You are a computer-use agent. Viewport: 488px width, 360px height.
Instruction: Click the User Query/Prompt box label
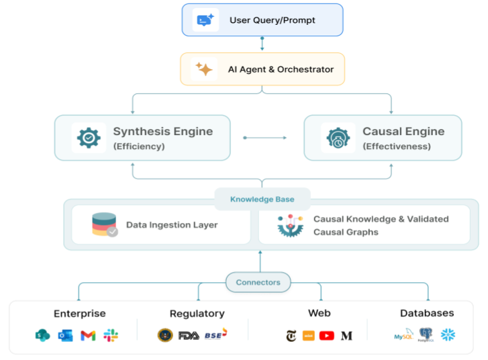pyautogui.click(x=273, y=20)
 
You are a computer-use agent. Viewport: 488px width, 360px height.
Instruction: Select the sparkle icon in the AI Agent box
pyautogui.click(x=203, y=69)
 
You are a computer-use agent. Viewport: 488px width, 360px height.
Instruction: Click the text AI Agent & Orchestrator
pyautogui.click(x=281, y=69)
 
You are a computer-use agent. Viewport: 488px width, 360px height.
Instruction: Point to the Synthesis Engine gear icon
pyautogui.click(x=89, y=138)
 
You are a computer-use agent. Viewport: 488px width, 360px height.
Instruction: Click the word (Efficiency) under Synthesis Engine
pyautogui.click(x=139, y=146)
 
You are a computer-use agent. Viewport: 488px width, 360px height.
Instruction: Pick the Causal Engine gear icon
pyautogui.click(x=338, y=138)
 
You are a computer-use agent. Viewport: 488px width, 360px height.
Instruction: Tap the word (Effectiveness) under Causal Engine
pyautogui.click(x=397, y=146)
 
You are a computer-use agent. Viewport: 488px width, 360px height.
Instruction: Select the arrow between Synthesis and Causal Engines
pyautogui.click(x=264, y=138)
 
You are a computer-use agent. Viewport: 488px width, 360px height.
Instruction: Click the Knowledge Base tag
pyautogui.click(x=262, y=199)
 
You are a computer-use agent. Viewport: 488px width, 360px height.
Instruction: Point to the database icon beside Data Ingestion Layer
pyautogui.click(x=104, y=225)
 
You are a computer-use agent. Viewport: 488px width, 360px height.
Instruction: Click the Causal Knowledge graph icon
pyautogui.click(x=291, y=226)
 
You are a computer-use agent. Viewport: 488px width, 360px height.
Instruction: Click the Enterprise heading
pyautogui.click(x=80, y=313)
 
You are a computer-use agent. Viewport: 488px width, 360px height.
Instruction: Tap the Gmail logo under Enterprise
pyautogui.click(x=88, y=335)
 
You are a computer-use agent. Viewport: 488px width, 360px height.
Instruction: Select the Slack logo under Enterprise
pyautogui.click(x=111, y=335)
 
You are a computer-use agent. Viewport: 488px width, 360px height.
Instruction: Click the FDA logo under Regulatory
pyautogui.click(x=189, y=335)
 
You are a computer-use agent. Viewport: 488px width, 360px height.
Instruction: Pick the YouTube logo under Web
pyautogui.click(x=327, y=335)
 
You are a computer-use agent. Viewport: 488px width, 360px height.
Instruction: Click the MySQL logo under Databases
pyautogui.click(x=404, y=334)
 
